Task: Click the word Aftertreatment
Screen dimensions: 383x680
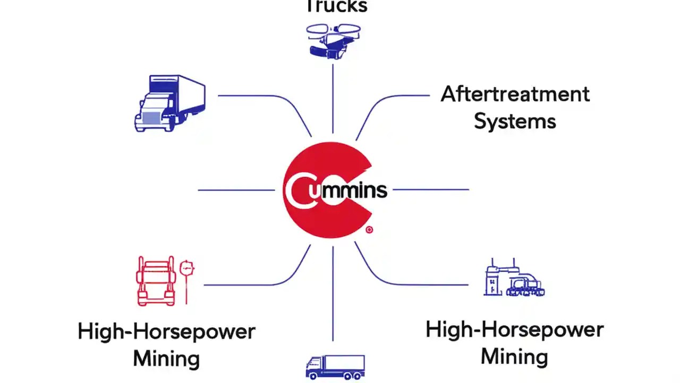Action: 515,94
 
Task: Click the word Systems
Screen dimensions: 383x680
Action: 515,121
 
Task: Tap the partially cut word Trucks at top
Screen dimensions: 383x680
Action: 336,6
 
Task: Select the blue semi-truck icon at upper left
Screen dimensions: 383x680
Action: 169,103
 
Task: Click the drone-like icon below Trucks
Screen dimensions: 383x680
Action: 333,39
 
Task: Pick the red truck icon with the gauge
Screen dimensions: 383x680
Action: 156,280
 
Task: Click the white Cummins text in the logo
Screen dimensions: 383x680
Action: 340,190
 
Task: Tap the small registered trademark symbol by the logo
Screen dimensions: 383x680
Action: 369,230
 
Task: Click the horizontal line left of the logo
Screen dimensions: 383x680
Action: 236,190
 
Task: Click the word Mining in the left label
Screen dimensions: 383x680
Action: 166,358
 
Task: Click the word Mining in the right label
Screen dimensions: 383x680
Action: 514,355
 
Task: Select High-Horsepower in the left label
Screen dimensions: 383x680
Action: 166,331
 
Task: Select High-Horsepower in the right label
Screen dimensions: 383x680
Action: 514,330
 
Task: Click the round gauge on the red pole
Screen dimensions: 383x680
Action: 186,267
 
